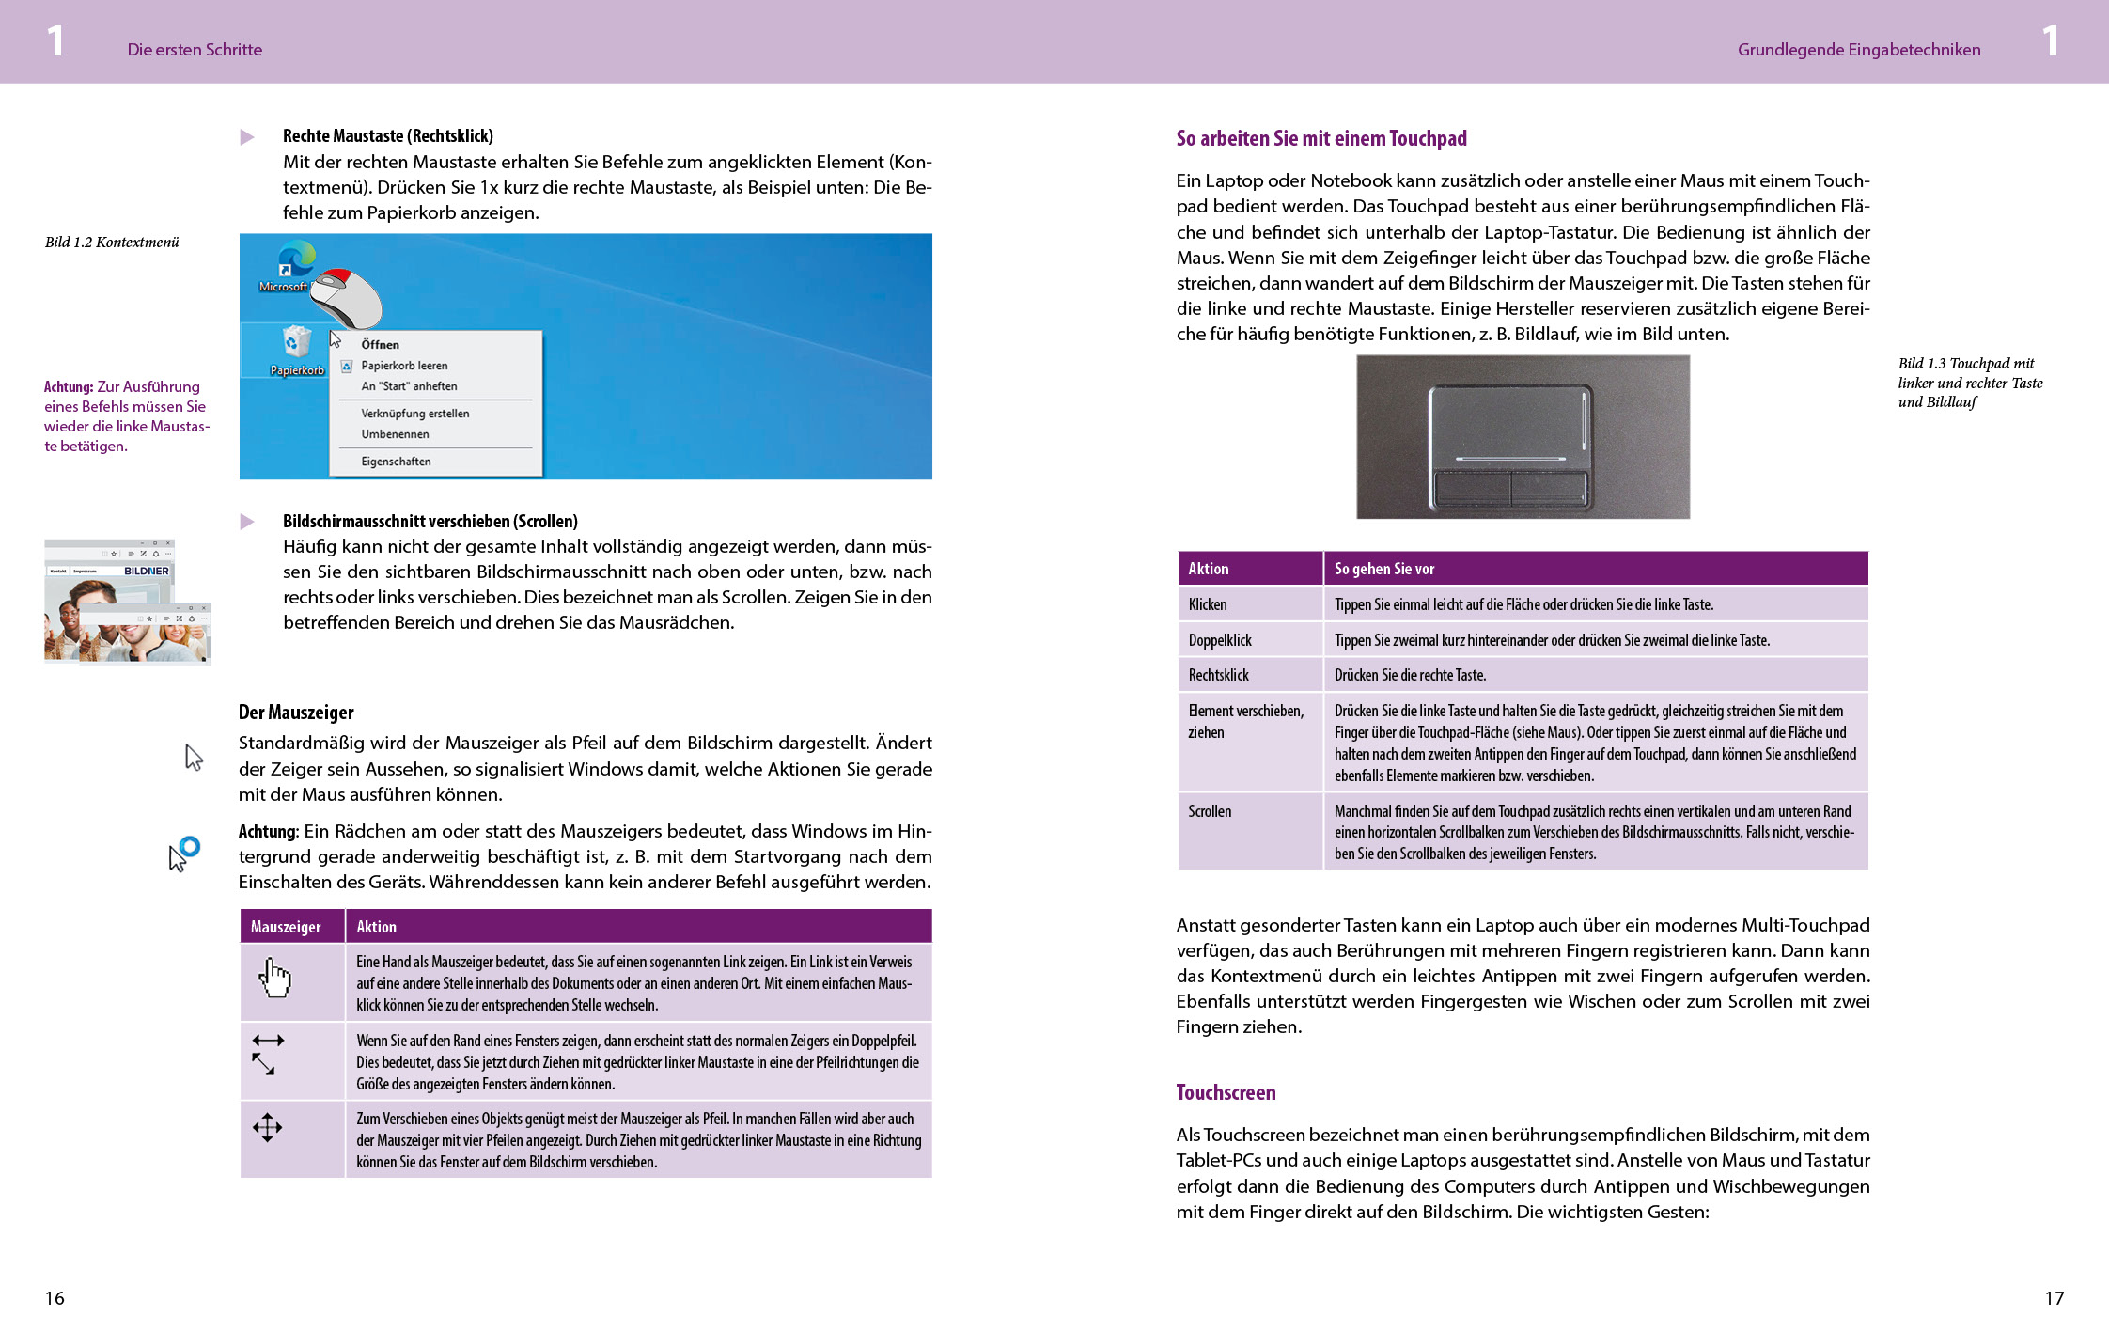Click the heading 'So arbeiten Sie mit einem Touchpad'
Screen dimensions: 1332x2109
click(1320, 139)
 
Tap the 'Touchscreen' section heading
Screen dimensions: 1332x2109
click(1226, 1092)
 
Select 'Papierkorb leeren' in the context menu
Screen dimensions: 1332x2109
click(404, 366)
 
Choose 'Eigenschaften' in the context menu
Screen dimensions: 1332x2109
click(396, 462)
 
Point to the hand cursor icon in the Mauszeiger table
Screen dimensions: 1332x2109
click(274, 979)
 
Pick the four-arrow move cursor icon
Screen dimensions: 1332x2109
click(268, 1127)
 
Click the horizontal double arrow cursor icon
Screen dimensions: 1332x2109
click(268, 1041)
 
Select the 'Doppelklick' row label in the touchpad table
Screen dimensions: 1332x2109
click(1220, 640)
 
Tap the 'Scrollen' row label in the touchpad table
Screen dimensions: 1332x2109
click(1210, 811)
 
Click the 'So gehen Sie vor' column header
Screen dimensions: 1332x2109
click(1384, 569)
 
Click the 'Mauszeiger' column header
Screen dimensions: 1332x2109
click(286, 927)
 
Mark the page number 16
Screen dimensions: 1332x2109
click(55, 1298)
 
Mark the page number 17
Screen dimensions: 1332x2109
click(2054, 1298)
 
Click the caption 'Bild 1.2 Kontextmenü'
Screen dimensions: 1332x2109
click(112, 243)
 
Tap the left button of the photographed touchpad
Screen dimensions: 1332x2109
click(1471, 488)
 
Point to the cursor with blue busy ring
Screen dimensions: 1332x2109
click(184, 854)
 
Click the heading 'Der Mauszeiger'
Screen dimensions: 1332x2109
click(296, 713)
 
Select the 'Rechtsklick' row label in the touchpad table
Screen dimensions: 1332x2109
click(1218, 675)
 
